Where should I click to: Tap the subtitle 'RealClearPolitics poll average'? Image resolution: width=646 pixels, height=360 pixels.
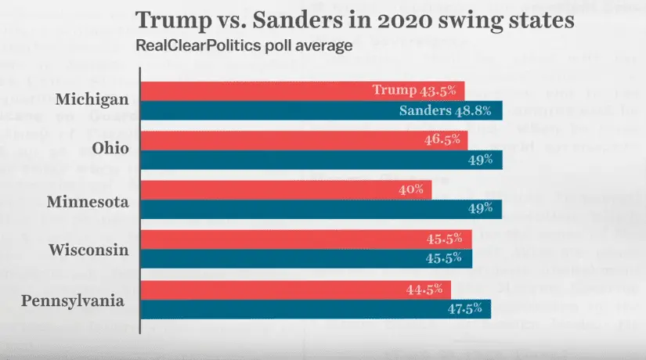[x=244, y=45]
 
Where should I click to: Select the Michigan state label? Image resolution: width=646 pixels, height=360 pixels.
[x=92, y=100]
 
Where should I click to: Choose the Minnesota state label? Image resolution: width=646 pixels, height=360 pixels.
[x=88, y=201]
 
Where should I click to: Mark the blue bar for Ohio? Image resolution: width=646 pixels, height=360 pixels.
[x=321, y=160]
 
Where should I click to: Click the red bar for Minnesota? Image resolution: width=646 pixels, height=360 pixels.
[x=286, y=189]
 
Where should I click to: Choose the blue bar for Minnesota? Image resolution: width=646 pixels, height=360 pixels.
[x=321, y=209]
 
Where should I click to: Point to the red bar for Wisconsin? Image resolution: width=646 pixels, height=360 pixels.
[x=306, y=239]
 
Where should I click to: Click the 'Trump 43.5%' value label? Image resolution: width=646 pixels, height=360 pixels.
[x=414, y=90]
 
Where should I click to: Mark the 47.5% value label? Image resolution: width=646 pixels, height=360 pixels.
[x=466, y=308]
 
